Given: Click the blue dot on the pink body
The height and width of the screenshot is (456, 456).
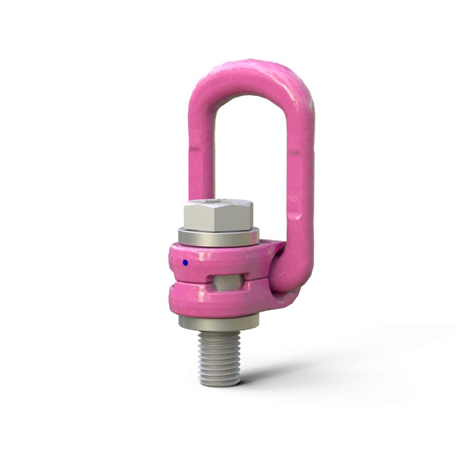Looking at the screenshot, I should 185,262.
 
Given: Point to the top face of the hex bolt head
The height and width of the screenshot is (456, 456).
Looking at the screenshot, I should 218,202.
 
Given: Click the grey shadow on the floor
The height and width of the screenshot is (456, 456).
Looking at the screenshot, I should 317,364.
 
